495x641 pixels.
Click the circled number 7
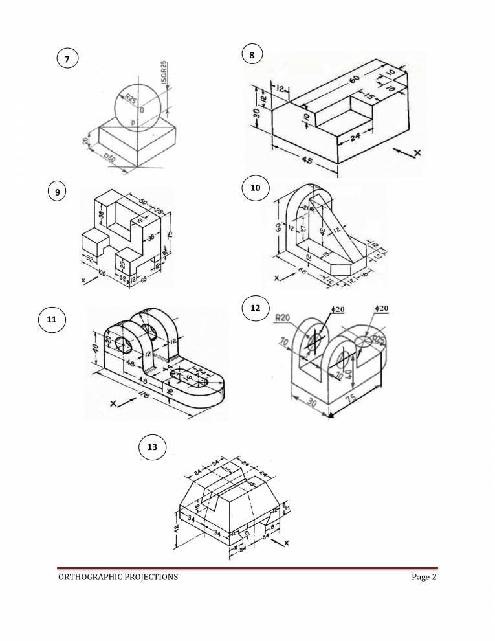(x=66, y=59)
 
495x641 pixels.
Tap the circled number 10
(x=255, y=188)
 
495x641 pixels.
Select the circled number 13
(x=152, y=447)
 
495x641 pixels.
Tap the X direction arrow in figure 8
(x=409, y=153)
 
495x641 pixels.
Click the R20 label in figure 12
(x=282, y=318)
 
